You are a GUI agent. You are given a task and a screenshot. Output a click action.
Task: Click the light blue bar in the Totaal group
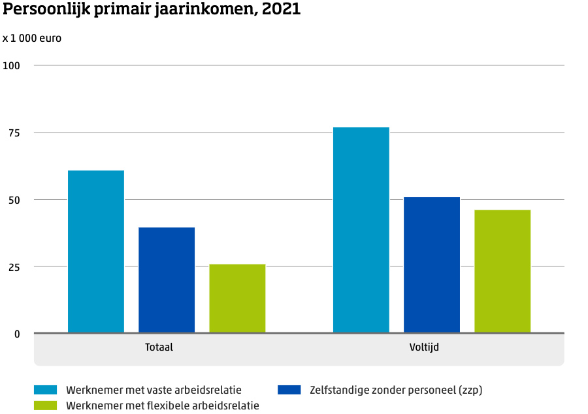[x=96, y=251]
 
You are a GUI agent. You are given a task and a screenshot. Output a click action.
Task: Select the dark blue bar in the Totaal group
[x=167, y=280]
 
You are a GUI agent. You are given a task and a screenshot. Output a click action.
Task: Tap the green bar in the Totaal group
[x=237, y=298]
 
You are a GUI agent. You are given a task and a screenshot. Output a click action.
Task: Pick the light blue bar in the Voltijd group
[x=361, y=230]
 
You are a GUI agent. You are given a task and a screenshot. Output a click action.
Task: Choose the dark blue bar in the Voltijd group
[x=432, y=264]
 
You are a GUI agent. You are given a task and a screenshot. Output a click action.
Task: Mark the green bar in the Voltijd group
[x=502, y=271]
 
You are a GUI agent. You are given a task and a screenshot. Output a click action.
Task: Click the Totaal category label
[x=159, y=347]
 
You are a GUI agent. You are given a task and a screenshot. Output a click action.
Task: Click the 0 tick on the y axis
[x=18, y=334]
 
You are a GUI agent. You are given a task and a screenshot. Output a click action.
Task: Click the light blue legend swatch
[x=45, y=390]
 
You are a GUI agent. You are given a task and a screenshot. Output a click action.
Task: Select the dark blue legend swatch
[x=289, y=390]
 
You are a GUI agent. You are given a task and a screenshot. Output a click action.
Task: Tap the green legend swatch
[x=45, y=406]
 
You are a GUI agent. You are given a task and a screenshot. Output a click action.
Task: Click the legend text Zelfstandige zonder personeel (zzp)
[x=396, y=390]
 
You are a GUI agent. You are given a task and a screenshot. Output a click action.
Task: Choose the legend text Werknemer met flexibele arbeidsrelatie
[x=163, y=406]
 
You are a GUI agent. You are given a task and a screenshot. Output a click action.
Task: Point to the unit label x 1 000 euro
[x=32, y=38]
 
